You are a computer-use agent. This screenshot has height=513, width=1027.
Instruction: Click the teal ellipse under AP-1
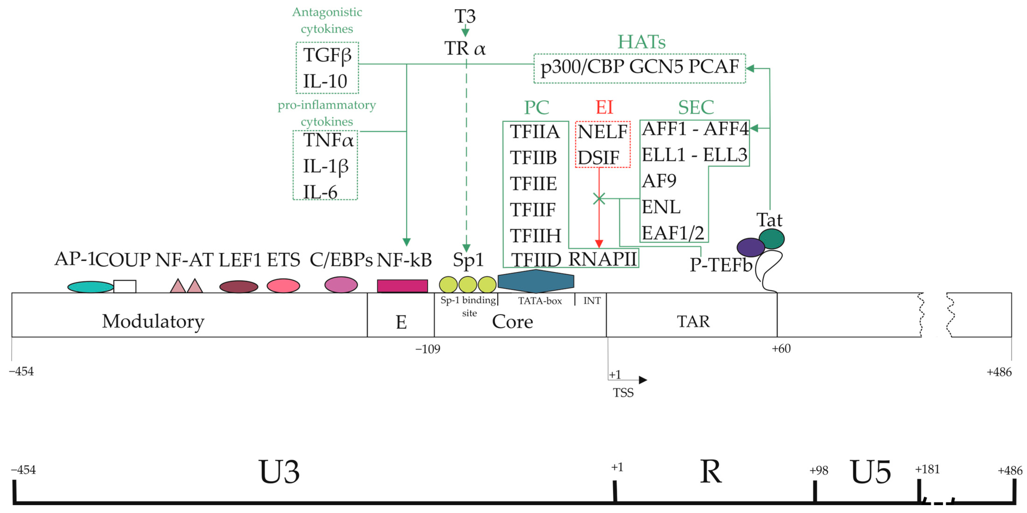tap(90, 287)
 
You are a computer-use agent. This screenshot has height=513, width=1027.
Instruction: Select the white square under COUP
tap(125, 286)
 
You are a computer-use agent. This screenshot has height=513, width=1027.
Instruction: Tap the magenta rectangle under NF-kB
tap(402, 286)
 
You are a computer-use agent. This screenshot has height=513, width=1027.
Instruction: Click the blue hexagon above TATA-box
tap(536, 281)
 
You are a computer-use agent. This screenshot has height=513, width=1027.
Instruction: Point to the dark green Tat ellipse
tap(771, 239)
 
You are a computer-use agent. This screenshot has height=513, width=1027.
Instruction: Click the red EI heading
tap(604, 107)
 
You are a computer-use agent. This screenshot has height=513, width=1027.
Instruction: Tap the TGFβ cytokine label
tap(327, 55)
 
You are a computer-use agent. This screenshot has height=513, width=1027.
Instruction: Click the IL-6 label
tap(320, 192)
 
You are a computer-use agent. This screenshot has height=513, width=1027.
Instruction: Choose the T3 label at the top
tap(465, 16)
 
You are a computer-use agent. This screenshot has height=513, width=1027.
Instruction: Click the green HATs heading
tap(641, 42)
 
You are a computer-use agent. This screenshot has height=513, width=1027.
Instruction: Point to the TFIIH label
tap(535, 236)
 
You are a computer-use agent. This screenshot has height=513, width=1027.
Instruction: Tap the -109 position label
tap(428, 349)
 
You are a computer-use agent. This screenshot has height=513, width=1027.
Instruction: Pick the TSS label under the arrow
tap(623, 393)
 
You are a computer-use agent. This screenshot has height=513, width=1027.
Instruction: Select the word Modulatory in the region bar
tap(153, 321)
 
